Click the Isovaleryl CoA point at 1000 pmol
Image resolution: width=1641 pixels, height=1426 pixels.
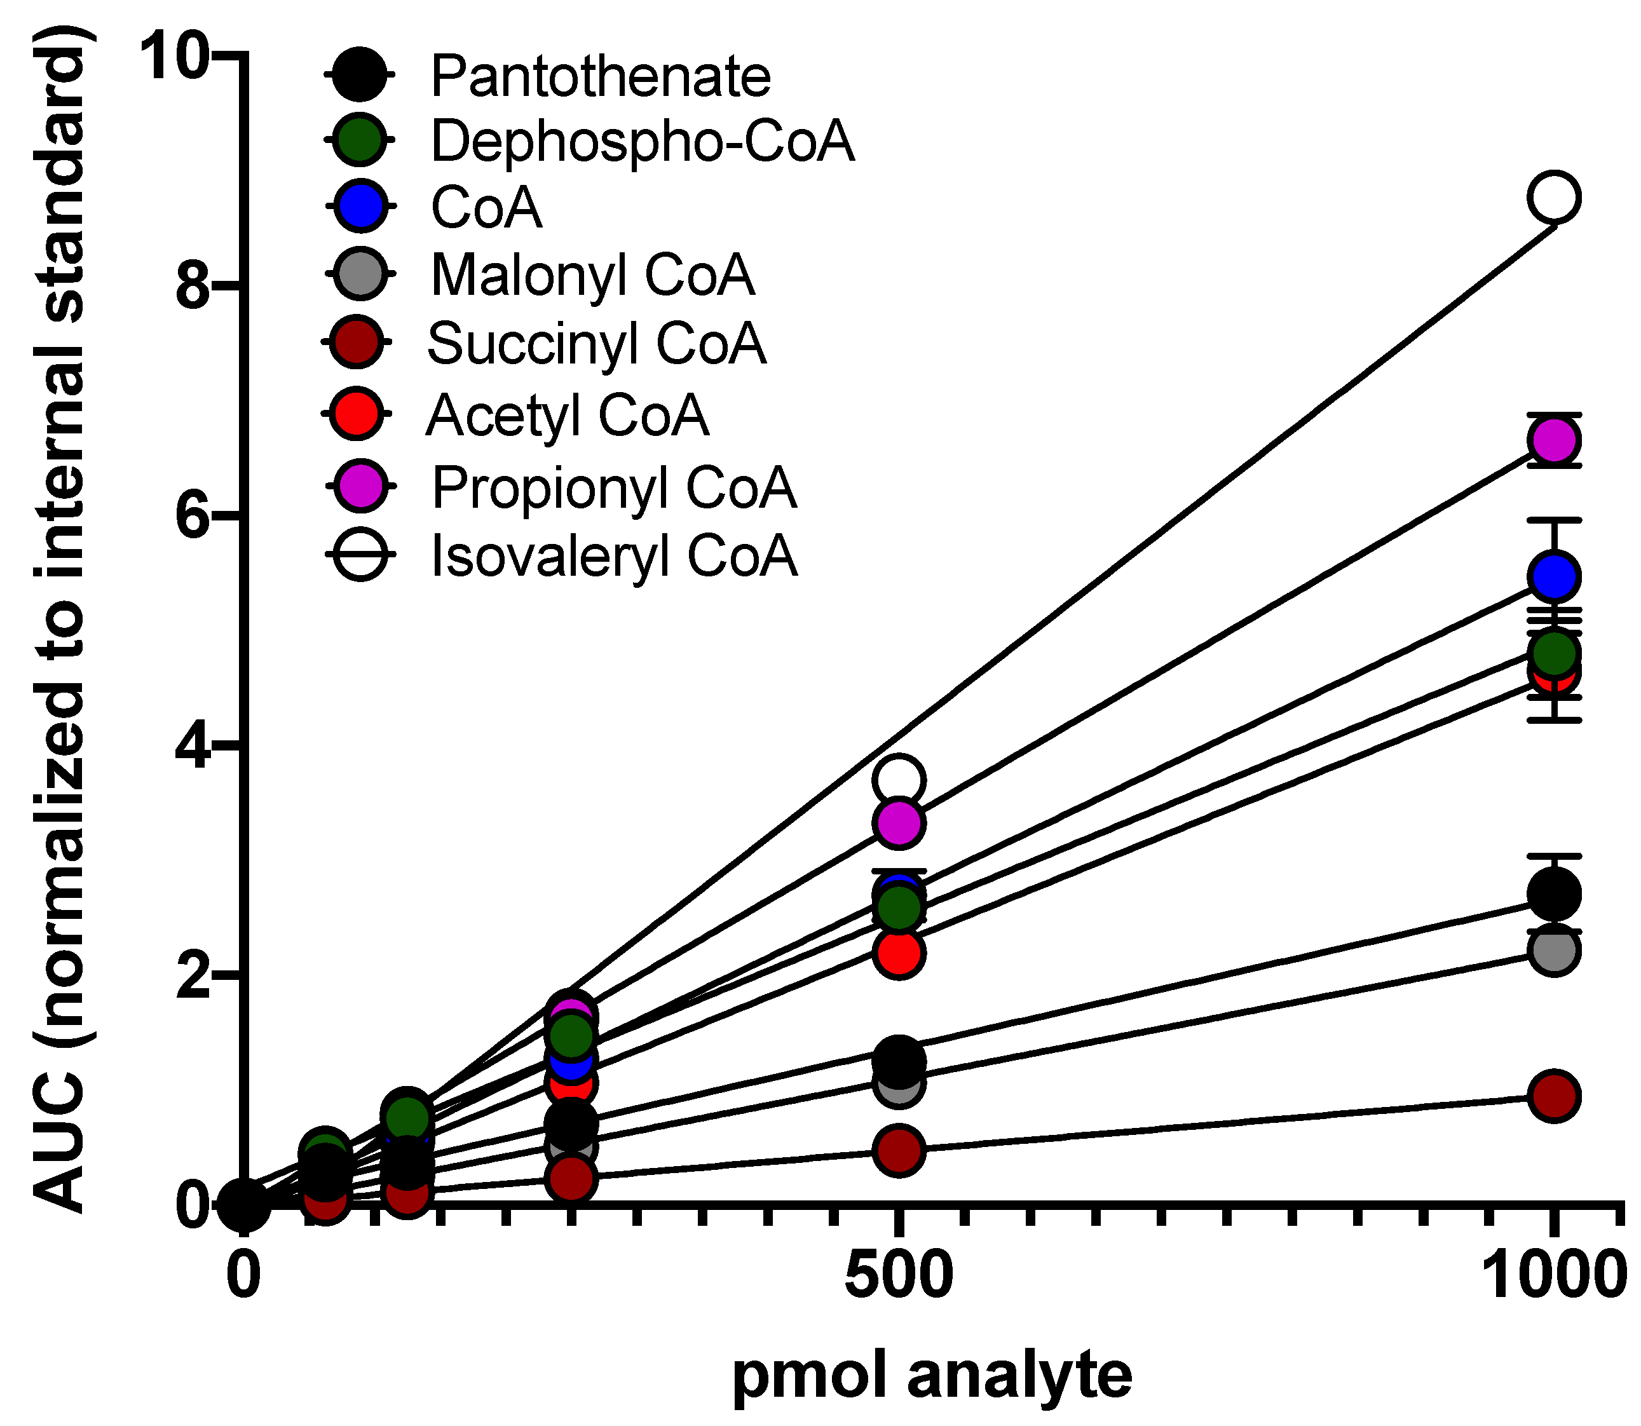coord(1553,198)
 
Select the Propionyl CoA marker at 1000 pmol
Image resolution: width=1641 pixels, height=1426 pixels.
coord(1553,440)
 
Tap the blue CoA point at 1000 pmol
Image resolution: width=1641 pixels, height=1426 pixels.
coord(1553,577)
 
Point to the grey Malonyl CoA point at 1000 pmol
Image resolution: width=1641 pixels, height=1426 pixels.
coord(1553,950)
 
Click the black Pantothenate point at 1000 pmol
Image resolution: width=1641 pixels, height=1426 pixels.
coord(1553,893)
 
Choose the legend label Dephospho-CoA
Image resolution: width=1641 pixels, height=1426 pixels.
coord(641,142)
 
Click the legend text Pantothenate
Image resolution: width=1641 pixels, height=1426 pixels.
coord(600,76)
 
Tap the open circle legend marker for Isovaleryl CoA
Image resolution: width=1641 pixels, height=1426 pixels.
coord(360,554)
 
